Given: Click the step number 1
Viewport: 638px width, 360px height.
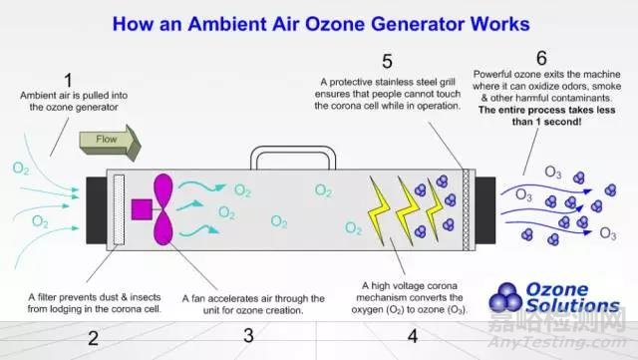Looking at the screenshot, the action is pyautogui.click(x=69, y=80).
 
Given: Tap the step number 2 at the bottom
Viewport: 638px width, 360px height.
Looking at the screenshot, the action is pyautogui.click(x=93, y=338).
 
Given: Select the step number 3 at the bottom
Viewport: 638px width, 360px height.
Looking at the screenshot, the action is pyautogui.click(x=248, y=335).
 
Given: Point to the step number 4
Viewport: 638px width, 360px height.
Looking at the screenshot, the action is pyautogui.click(x=413, y=336).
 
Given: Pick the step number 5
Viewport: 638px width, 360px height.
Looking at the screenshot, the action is pyautogui.click(x=387, y=62).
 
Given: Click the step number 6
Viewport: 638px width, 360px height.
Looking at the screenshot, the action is pyautogui.click(x=541, y=58).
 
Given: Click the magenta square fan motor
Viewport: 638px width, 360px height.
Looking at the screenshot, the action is pyautogui.click(x=142, y=209).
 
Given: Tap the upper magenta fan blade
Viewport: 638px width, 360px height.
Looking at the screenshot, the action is pyautogui.click(x=163, y=190).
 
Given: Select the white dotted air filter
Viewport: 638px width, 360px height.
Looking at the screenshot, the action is pyautogui.click(x=119, y=209).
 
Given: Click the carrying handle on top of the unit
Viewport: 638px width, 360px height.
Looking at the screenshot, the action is pyautogui.click(x=293, y=158).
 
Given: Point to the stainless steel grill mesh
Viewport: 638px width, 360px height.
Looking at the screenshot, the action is pyautogui.click(x=466, y=209).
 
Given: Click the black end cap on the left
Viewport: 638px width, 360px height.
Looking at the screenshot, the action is pyautogui.click(x=96, y=210).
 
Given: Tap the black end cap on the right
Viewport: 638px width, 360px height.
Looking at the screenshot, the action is pyautogui.click(x=485, y=210).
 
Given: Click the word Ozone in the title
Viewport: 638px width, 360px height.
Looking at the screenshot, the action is pyautogui.click(x=335, y=24).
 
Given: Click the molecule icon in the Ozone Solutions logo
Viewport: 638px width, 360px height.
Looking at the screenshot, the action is pyautogui.click(x=505, y=297).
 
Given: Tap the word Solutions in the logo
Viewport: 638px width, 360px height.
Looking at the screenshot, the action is pyautogui.click(x=572, y=305).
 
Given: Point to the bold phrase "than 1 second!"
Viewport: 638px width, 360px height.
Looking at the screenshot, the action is pyautogui.click(x=546, y=122).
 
